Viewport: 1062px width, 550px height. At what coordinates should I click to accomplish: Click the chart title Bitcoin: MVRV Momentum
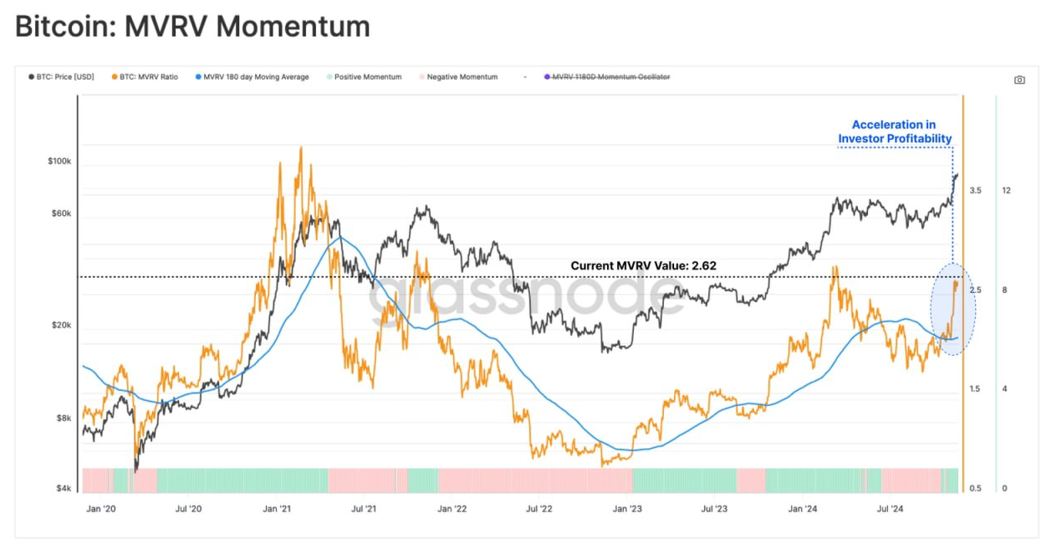(192, 26)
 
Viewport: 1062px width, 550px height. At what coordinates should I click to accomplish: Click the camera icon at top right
(1019, 80)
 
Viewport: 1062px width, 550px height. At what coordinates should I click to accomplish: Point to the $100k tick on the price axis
(59, 161)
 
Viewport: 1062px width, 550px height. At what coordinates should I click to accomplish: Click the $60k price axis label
(61, 213)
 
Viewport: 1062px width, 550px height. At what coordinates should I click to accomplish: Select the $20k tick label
(61, 326)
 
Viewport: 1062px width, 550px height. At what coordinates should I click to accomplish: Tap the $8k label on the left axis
(63, 418)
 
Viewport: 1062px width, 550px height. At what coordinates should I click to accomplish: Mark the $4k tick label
(63, 489)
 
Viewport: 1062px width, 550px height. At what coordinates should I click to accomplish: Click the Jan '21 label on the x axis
(276, 508)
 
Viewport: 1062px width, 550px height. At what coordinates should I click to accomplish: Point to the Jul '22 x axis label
(539, 508)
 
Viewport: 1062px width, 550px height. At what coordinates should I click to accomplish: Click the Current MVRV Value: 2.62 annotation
(643, 265)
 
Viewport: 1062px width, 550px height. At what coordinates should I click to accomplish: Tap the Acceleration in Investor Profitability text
(894, 131)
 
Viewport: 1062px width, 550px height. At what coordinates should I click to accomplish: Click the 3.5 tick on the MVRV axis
(975, 191)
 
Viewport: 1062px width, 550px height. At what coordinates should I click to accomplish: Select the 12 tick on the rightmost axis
(1006, 191)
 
